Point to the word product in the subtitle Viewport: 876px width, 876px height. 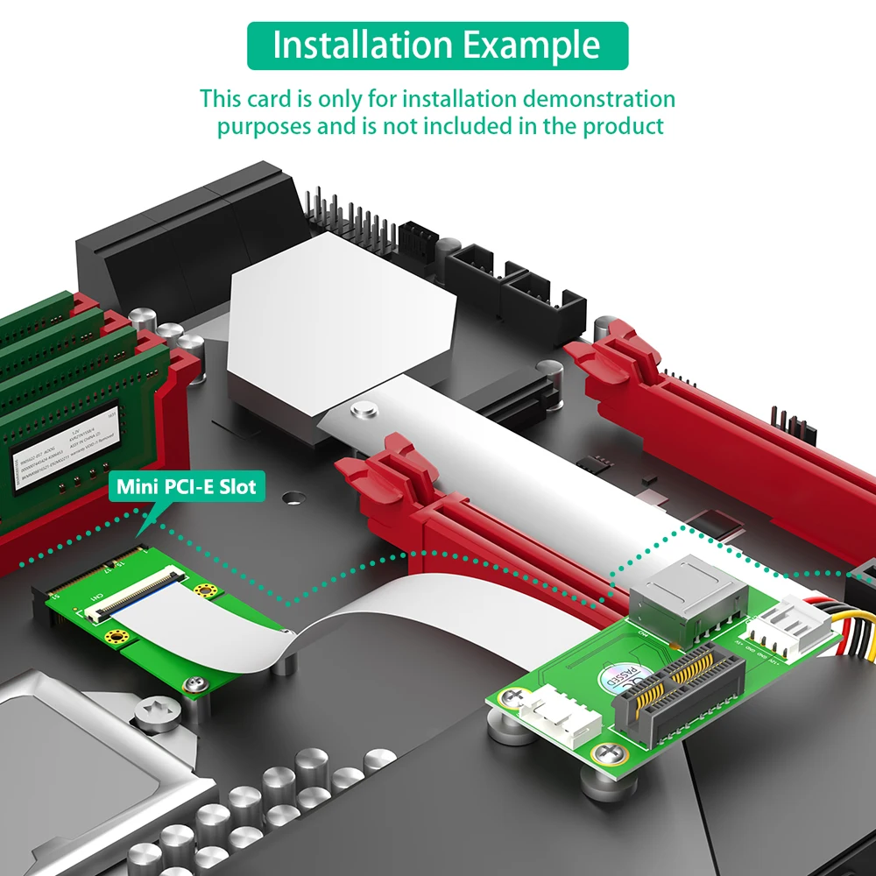pos(624,125)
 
